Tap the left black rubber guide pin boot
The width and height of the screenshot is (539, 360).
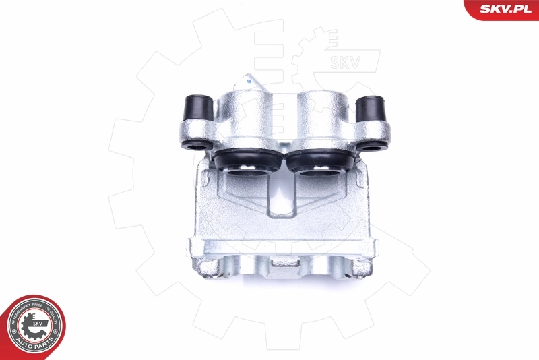tap(197, 107)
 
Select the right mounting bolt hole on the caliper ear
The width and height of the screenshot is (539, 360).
tap(370, 146)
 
